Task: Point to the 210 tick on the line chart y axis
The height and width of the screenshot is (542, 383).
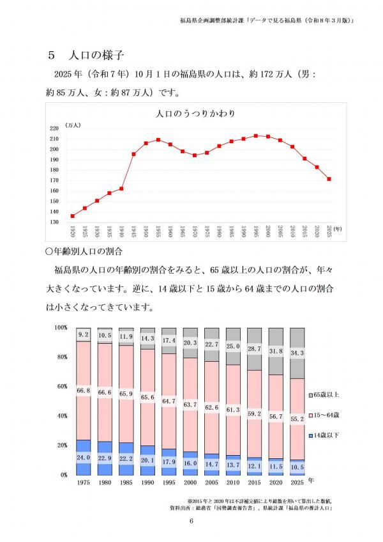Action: tap(54, 139)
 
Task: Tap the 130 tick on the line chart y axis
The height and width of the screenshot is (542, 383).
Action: tap(54, 222)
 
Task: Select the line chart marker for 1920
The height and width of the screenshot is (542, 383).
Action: tap(72, 216)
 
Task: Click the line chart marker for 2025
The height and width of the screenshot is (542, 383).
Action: tap(329, 179)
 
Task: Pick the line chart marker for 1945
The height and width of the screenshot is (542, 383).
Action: tap(133, 154)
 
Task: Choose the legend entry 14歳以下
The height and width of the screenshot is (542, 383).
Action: tap(328, 435)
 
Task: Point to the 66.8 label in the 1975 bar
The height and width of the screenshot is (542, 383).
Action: tap(83, 391)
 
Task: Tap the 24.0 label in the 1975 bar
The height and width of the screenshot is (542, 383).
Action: tap(83, 457)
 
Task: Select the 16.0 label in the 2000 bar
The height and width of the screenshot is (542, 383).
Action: tap(190, 463)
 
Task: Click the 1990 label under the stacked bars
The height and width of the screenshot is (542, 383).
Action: tap(147, 484)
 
